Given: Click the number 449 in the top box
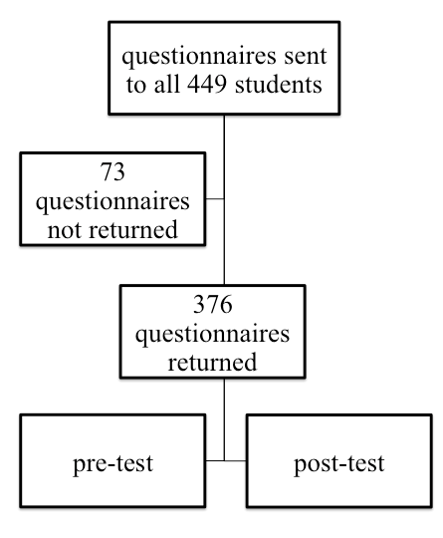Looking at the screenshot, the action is tap(206, 84).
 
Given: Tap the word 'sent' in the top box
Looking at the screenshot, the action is tap(306, 56).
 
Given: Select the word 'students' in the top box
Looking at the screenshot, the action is tap(279, 84).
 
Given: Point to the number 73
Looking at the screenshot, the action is tap(112, 171).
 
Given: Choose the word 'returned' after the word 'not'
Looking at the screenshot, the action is tap(133, 229).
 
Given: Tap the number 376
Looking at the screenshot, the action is tap(213, 304).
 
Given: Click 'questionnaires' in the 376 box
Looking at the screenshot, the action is tap(213, 334).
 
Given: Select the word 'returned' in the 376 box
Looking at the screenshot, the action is tap(212, 362).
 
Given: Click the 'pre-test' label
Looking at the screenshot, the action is tap(113, 464).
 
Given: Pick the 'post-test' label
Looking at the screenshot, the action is tap(339, 464).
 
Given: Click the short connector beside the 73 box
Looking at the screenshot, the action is tap(215, 198).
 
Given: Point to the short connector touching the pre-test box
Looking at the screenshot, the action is tap(215, 461).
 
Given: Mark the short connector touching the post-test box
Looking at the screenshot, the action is tap(235, 461).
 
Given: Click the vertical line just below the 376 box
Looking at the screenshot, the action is tap(225, 419).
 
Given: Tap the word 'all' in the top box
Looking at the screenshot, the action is tap(167, 84).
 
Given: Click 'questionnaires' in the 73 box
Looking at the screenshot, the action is tap(112, 201).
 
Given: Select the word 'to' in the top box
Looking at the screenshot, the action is tap(135, 85).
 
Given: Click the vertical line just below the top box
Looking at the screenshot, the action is tap(225, 199).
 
